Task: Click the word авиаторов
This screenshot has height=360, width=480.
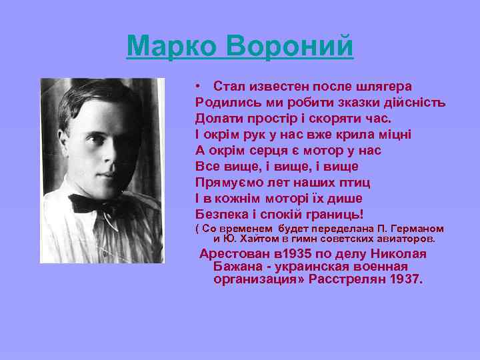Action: point(407,238)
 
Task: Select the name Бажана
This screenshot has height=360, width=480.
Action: point(237,267)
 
